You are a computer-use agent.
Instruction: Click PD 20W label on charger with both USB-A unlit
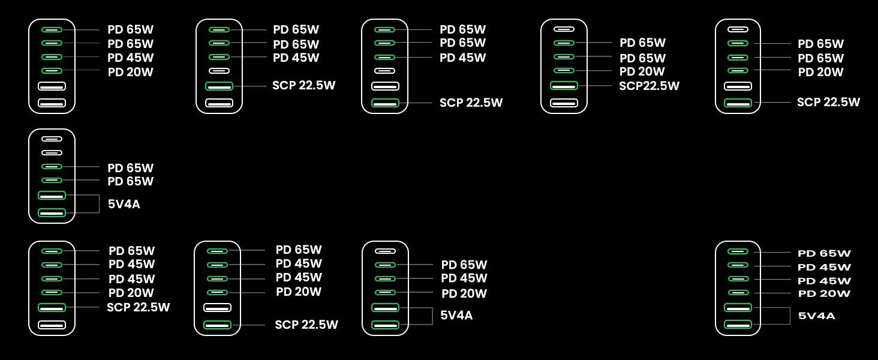pyautogui.click(x=130, y=72)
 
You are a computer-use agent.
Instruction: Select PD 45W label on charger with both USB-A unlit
pyautogui.click(x=130, y=58)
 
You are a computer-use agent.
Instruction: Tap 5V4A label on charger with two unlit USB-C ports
pyautogui.click(x=124, y=204)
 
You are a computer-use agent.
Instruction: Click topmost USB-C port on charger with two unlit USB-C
pyautogui.click(x=52, y=139)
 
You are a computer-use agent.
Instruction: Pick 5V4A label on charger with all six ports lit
pyautogui.click(x=816, y=316)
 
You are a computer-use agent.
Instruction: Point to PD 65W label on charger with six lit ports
pyautogui.click(x=824, y=253)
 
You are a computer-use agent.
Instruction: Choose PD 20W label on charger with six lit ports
pyautogui.click(x=824, y=294)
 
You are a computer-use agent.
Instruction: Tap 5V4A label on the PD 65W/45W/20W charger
pyautogui.click(x=456, y=315)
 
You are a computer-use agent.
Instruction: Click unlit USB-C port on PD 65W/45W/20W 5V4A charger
pyautogui.click(x=385, y=251)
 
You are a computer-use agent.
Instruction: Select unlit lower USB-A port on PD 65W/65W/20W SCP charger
pyautogui.click(x=564, y=103)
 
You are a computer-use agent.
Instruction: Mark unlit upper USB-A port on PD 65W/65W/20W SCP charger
pyautogui.click(x=738, y=86)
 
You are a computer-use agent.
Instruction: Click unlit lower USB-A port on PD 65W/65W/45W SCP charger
pyautogui.click(x=219, y=103)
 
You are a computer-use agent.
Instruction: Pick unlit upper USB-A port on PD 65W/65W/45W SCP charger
pyautogui.click(x=385, y=86)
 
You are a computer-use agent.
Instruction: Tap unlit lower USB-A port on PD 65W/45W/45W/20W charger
pyautogui.click(x=52, y=325)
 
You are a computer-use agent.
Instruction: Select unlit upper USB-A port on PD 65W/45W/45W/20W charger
pyautogui.click(x=218, y=307)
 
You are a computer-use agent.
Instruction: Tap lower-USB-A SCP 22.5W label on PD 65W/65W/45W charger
pyautogui.click(x=471, y=103)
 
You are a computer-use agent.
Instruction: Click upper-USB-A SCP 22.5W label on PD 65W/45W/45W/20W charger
pyautogui.click(x=138, y=307)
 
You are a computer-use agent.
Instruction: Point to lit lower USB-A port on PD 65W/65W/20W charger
pyautogui.click(x=738, y=103)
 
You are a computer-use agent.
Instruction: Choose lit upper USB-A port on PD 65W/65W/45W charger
pyautogui.click(x=219, y=86)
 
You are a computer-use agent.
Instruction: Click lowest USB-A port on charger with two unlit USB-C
pyautogui.click(x=52, y=212)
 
